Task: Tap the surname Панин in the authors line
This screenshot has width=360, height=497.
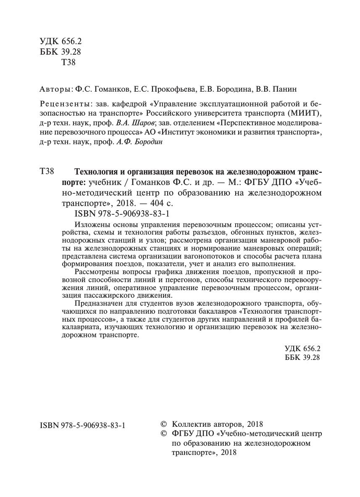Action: (287, 90)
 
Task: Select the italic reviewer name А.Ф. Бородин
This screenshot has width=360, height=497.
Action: (139, 143)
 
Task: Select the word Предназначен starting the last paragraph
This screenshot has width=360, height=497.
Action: (98, 303)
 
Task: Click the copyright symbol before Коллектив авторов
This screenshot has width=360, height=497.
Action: (164, 424)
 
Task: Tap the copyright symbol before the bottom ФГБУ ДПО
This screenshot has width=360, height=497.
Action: (164, 434)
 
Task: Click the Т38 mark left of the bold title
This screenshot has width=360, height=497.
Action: (47, 172)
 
